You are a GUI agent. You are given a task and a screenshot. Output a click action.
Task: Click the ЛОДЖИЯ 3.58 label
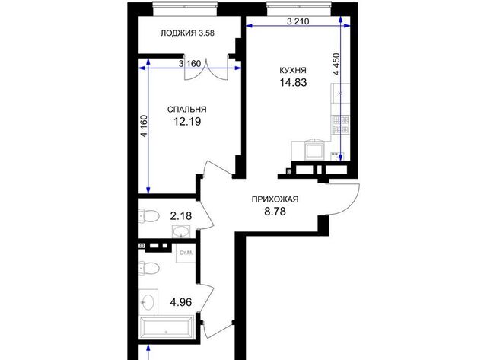tap(187, 33)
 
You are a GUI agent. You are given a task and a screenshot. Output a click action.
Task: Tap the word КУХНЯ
tap(293, 70)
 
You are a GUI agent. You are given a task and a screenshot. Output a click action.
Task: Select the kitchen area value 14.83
tap(293, 83)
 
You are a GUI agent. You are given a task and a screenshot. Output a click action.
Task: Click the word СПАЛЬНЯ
tap(186, 110)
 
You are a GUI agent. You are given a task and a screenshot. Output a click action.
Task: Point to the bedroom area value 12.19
tap(187, 122)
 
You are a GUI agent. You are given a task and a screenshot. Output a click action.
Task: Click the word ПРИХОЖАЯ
tap(275, 199)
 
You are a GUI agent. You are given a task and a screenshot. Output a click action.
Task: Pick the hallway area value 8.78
tap(275, 212)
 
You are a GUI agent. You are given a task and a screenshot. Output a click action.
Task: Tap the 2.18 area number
tap(181, 215)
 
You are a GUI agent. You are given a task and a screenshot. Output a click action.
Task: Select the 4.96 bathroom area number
tap(181, 302)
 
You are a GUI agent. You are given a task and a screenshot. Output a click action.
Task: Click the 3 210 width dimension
tap(298, 21)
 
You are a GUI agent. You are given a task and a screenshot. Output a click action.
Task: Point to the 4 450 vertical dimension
tap(336, 64)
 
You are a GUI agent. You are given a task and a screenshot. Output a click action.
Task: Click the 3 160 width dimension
tap(190, 64)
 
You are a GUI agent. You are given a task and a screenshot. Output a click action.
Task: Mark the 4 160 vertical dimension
tap(144, 126)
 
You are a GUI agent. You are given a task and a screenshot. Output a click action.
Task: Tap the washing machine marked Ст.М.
tap(186, 253)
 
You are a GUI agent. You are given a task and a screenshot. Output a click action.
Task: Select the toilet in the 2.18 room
tap(149, 216)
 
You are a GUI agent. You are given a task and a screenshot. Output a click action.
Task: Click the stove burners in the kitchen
tap(341, 125)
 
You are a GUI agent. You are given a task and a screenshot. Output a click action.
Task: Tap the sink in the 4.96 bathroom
tap(148, 301)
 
